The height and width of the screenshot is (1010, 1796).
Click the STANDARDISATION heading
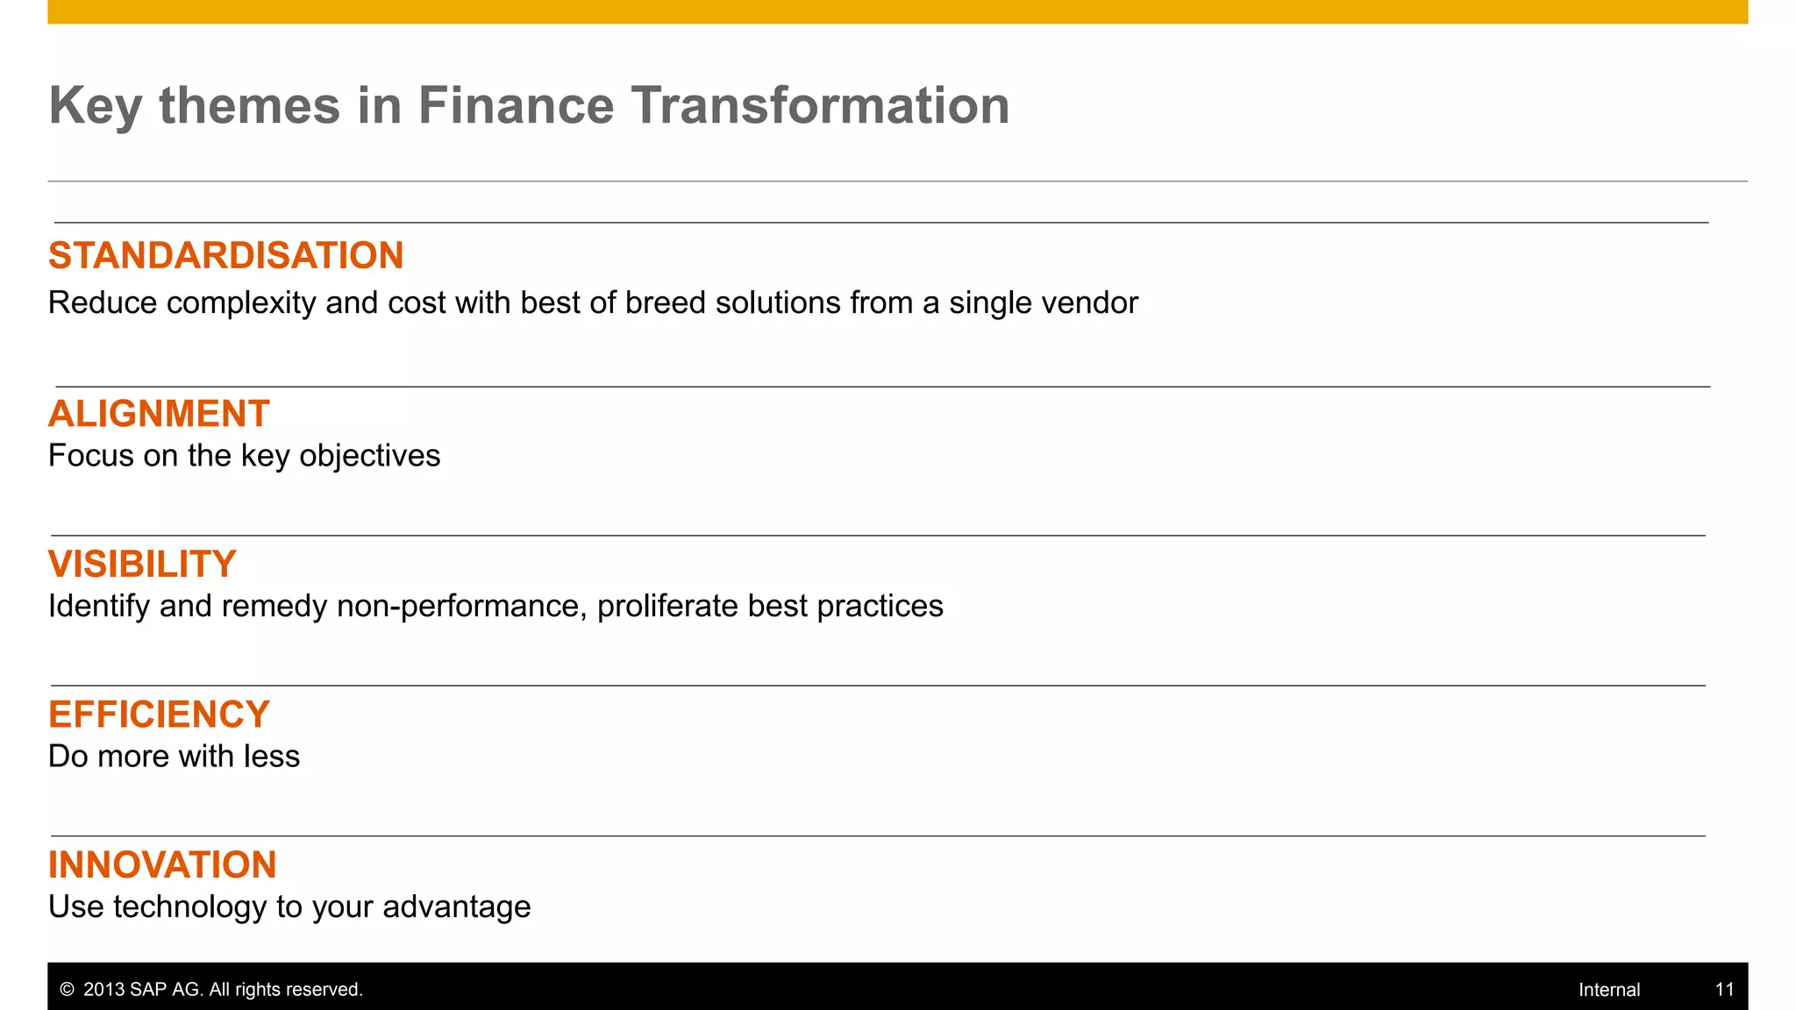(x=225, y=256)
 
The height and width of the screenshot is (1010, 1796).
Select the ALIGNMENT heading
(x=159, y=414)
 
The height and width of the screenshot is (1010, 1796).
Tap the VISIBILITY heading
(x=142, y=565)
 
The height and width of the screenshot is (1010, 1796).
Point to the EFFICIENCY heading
(x=159, y=715)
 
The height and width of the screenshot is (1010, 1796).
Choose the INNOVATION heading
(x=162, y=865)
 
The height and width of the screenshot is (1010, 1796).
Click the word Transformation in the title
(x=820, y=105)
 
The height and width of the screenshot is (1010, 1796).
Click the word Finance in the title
(x=516, y=105)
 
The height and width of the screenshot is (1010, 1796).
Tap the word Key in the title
(x=95, y=107)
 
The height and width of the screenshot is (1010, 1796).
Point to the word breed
(x=666, y=303)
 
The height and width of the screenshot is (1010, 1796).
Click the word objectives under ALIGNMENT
(x=369, y=457)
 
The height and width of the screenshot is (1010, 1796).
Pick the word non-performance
(x=461, y=607)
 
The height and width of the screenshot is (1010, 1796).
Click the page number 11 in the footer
(x=1724, y=990)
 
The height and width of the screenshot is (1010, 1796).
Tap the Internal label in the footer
(x=1608, y=990)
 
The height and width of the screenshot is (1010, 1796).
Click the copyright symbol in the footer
(x=67, y=990)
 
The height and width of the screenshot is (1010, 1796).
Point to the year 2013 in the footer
(x=103, y=990)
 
